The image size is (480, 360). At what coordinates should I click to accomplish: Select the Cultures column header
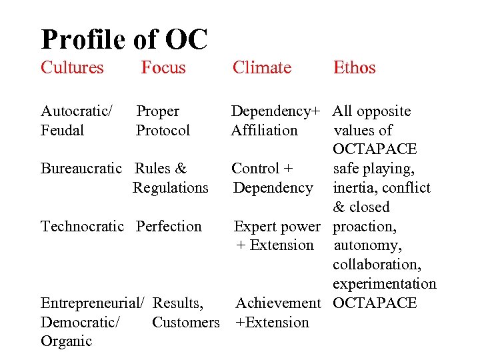[72, 67]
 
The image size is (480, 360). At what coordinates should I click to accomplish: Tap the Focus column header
[163, 67]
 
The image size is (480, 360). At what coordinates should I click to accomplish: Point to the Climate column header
[261, 67]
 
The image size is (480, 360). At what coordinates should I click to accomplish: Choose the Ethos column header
[354, 67]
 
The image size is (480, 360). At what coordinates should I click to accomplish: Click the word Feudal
[62, 130]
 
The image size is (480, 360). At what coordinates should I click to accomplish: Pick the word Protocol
[163, 130]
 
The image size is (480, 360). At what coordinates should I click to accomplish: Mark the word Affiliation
[264, 130]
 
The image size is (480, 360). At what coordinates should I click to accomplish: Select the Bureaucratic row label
[81, 169]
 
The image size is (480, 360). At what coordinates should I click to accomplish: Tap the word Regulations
[171, 188]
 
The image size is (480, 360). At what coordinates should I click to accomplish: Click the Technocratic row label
[83, 227]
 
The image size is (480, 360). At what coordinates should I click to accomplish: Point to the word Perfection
[169, 227]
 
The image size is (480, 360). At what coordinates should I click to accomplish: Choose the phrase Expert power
[277, 227]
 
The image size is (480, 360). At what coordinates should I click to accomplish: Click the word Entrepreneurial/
[93, 303]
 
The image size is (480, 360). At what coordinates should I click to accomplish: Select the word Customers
[185, 323]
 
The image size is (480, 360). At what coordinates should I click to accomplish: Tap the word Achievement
[278, 303]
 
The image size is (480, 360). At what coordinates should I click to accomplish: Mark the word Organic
[66, 341]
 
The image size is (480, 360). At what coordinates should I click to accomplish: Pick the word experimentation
[385, 284]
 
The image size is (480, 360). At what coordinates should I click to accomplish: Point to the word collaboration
[377, 265]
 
